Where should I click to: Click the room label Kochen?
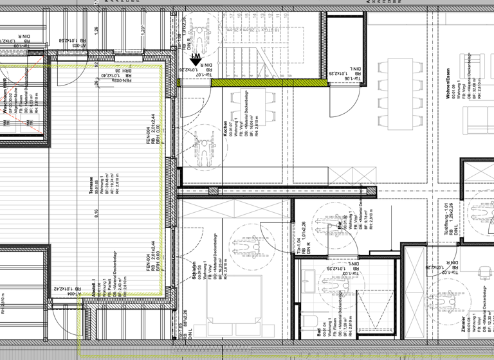(x=225, y=128)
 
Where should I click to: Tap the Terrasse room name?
(x=91, y=184)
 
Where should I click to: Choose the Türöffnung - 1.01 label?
(x=444, y=219)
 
